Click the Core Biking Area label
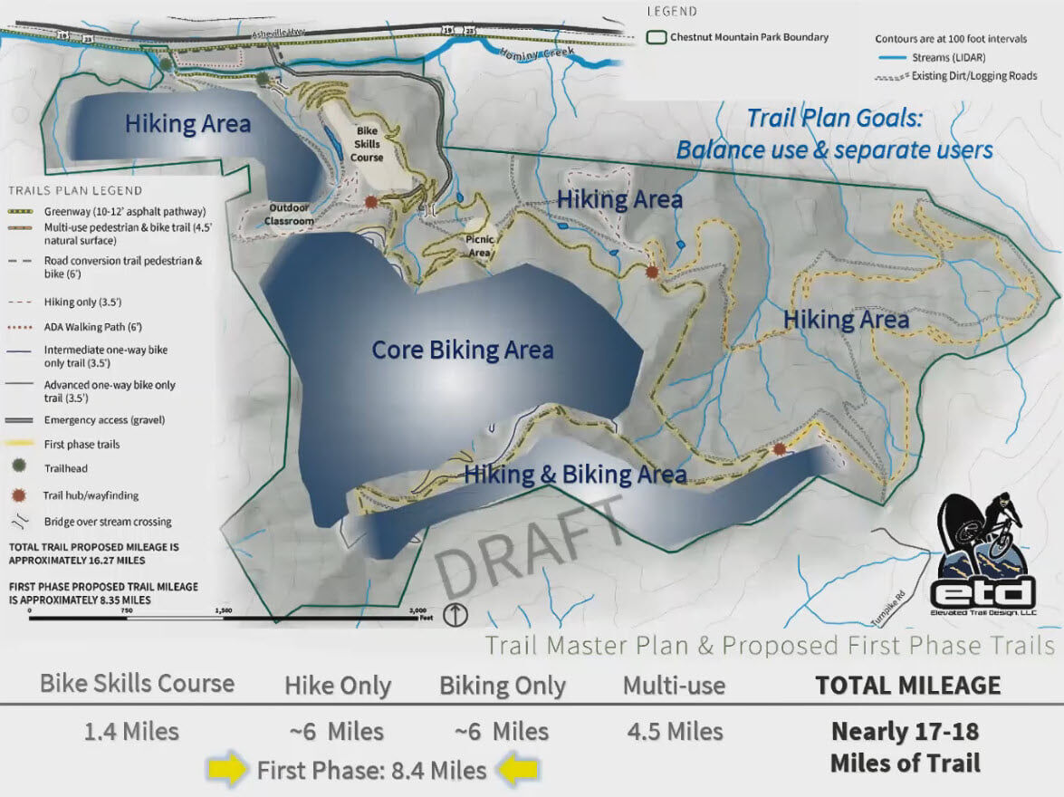tap(462, 350)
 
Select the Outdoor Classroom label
tap(289, 215)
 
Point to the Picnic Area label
tap(480, 245)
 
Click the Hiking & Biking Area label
tap(574, 475)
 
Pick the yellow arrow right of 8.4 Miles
tap(518, 771)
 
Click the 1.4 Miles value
tap(131, 731)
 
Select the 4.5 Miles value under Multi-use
tap(675, 731)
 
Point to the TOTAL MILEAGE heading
tap(908, 686)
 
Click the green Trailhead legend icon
tap(24, 469)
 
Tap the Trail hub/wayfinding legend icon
tap(24, 495)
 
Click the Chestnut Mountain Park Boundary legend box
tap(657, 38)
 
